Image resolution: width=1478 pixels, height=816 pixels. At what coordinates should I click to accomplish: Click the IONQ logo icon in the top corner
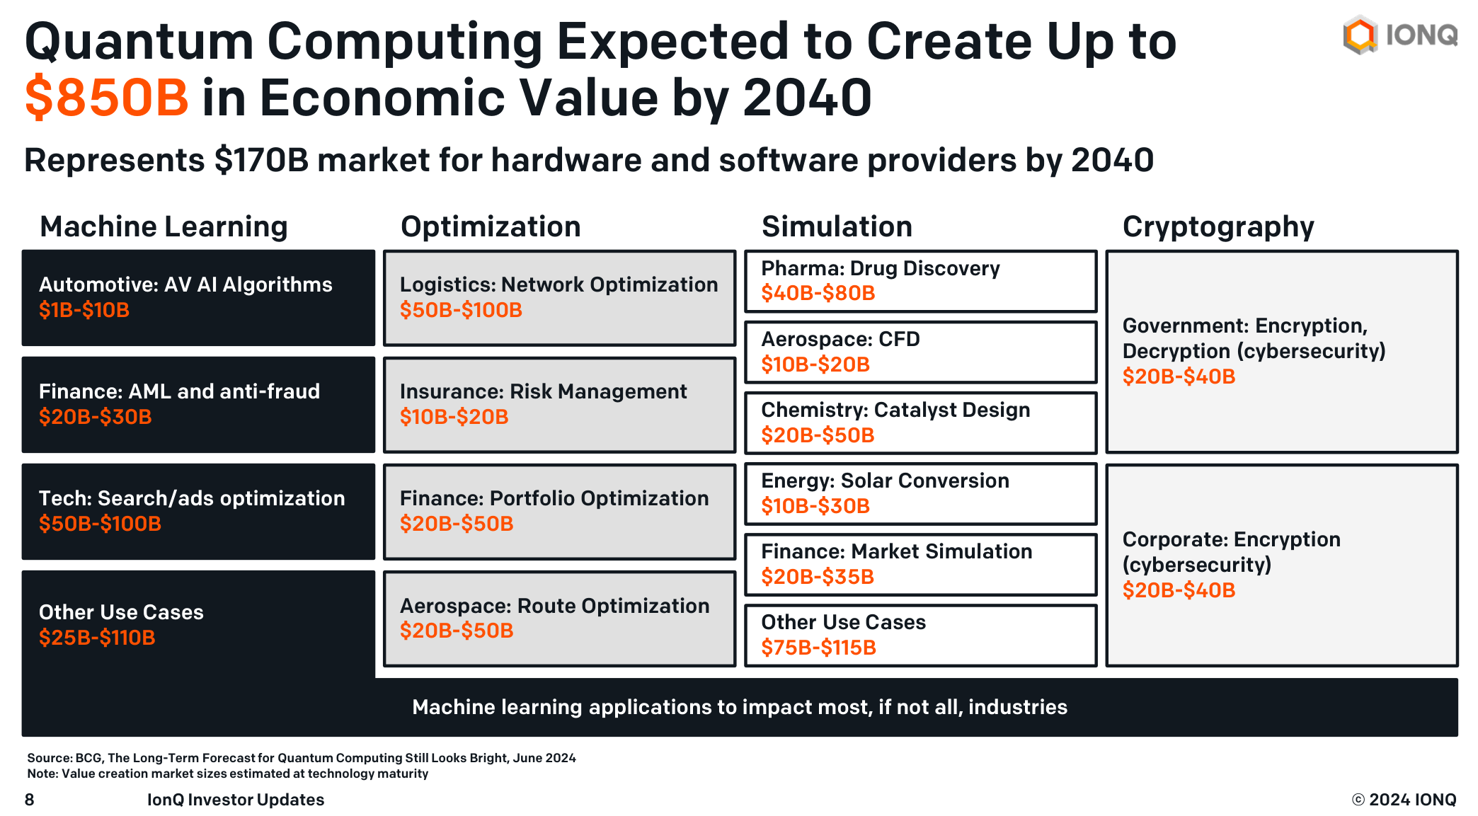[1360, 35]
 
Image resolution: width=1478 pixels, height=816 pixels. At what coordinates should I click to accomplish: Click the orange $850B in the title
[107, 98]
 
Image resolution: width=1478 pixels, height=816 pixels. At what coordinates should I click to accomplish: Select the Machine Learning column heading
[164, 226]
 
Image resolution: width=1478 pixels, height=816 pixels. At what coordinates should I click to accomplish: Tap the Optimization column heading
[491, 226]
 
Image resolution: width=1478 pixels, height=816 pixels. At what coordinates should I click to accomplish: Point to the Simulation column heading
[837, 226]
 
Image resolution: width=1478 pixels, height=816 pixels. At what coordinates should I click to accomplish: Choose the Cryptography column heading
[1218, 226]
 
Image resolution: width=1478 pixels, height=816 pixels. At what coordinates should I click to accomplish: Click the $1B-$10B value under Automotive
[84, 310]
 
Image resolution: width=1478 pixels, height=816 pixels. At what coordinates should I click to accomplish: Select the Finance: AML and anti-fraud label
[179, 391]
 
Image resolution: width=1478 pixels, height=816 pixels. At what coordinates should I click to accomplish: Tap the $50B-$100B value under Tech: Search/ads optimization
[100, 524]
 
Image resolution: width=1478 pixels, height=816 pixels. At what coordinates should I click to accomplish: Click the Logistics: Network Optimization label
[558, 285]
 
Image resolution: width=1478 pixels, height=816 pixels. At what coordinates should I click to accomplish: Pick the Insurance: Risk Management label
[543, 391]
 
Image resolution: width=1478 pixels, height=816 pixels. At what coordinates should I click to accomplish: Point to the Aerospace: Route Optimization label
[554, 606]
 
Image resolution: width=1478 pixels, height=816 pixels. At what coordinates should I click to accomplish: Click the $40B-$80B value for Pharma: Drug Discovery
[818, 293]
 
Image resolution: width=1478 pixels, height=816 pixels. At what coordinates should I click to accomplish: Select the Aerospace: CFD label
[840, 339]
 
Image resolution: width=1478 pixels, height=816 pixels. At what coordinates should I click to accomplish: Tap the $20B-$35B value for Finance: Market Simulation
[818, 577]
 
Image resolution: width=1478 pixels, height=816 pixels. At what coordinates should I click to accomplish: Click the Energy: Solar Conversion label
[885, 481]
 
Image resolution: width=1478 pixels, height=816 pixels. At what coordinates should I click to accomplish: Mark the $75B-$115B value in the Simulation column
[818, 648]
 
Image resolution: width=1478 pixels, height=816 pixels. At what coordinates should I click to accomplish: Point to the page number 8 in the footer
[29, 800]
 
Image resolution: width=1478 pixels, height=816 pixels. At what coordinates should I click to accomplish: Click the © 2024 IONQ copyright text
[1404, 800]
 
